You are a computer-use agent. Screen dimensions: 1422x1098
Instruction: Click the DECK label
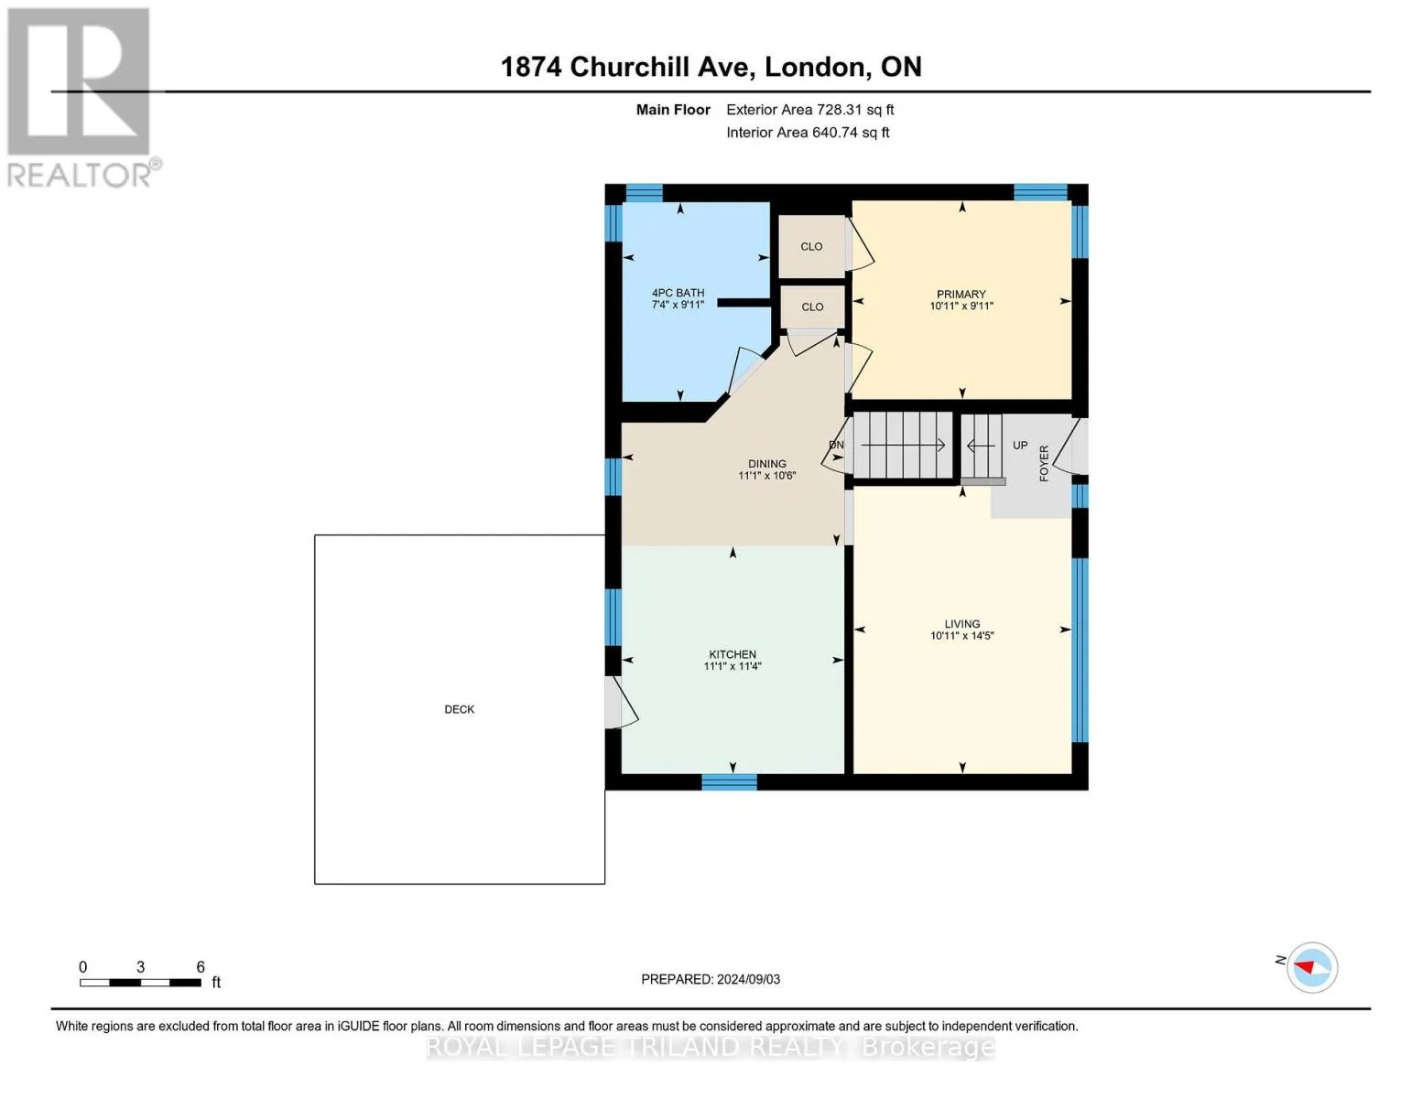[x=459, y=709]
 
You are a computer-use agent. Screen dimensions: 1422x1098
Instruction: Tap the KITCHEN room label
[x=733, y=654]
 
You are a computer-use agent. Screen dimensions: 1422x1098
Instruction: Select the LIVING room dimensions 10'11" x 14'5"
[x=962, y=635]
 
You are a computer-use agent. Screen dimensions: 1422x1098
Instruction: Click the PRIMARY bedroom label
[x=961, y=295]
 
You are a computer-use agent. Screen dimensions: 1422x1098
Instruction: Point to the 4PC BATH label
[x=678, y=293]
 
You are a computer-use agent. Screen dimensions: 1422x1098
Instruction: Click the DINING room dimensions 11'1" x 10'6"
[x=767, y=476]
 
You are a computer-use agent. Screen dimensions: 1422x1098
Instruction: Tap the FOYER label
[x=1044, y=463]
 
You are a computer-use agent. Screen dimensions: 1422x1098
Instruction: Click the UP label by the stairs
[x=1020, y=446]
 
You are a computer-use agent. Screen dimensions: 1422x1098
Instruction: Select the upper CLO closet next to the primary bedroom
[x=811, y=246]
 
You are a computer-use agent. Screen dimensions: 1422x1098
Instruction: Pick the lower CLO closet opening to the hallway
[x=812, y=307]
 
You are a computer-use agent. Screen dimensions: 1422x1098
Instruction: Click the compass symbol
[x=1312, y=967]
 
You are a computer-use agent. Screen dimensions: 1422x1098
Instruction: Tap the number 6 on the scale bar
[x=201, y=966]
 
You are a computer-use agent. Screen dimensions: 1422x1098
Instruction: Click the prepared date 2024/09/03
[x=748, y=979]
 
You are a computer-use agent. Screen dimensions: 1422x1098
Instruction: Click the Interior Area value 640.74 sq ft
[x=850, y=133]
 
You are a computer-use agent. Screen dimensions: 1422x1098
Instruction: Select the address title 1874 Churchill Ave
[x=628, y=67]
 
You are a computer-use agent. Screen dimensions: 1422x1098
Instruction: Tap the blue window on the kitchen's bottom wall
[x=729, y=781]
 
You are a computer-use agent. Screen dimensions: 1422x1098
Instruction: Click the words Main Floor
[x=673, y=110]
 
